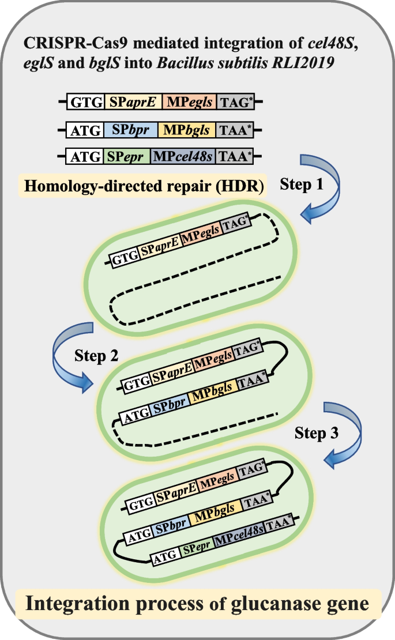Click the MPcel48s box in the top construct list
(183, 156)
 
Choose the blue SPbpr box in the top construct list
(130, 130)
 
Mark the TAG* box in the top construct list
(235, 103)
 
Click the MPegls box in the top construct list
(189, 103)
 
